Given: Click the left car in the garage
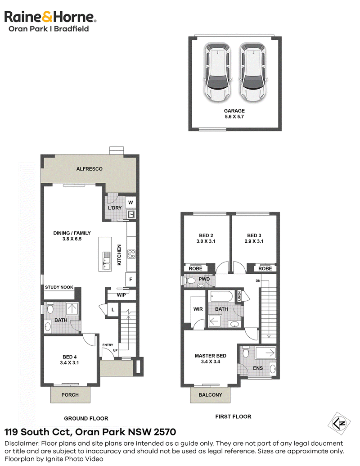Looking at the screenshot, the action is [x=217, y=72].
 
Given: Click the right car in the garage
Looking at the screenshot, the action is [x=253, y=72].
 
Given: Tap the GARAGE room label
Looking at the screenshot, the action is [x=234, y=111].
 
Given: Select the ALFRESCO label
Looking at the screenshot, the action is [x=90, y=169].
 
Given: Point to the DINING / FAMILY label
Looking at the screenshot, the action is [x=72, y=233].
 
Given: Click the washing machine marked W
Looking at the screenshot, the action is [x=130, y=203].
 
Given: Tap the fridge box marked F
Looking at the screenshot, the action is [x=130, y=280].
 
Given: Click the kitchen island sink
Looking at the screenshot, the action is [x=107, y=261].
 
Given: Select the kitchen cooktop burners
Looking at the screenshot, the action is [x=131, y=254].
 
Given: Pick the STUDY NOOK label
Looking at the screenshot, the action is [x=59, y=287].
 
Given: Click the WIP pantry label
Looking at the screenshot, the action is [x=121, y=295].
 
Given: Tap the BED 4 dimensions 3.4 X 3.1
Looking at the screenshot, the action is [x=69, y=362].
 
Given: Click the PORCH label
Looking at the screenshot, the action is [x=70, y=395].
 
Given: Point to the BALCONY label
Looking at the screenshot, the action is [x=210, y=395].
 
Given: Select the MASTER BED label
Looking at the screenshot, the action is [x=211, y=356].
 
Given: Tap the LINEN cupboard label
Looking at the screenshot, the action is [x=239, y=296].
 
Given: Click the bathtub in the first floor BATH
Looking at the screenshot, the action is [x=221, y=296].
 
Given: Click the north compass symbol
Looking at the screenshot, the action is [x=339, y=423].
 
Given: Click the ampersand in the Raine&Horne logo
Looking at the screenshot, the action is [x=47, y=17].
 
